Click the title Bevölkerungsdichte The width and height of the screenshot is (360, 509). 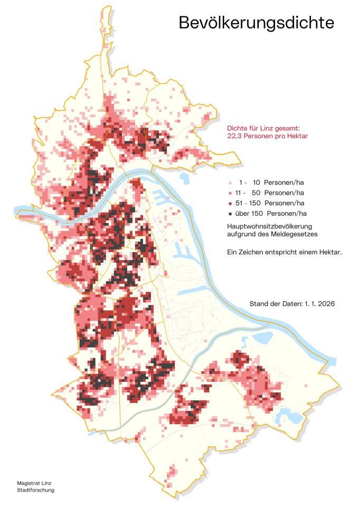(x=256, y=23)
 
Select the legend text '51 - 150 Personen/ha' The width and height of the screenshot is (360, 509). (x=270, y=203)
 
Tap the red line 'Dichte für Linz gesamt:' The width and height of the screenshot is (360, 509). (x=263, y=128)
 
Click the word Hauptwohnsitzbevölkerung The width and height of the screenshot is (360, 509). (x=263, y=226)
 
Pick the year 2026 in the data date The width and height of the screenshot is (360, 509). (x=327, y=304)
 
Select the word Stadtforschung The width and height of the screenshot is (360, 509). (x=35, y=490)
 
